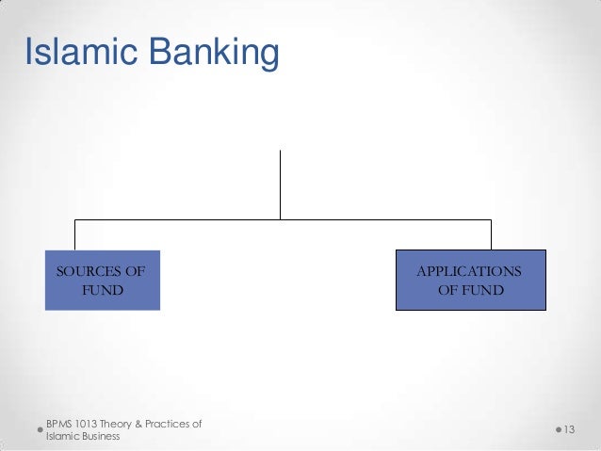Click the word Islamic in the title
[77, 54]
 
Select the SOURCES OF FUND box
[102, 281]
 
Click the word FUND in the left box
[102, 290]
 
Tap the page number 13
[569, 430]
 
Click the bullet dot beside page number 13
[556, 430]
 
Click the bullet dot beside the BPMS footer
[40, 430]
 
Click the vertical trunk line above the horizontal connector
[280, 184]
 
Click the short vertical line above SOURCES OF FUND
[74, 234]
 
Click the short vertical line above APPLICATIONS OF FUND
[491, 234]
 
